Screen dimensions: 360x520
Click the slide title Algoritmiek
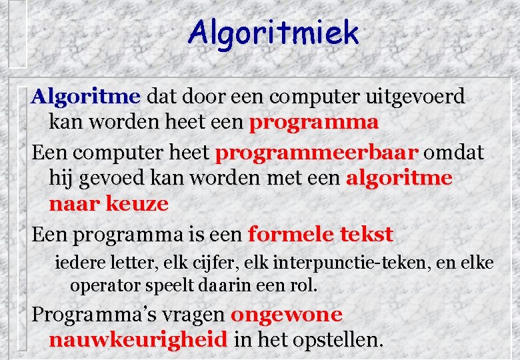click(x=273, y=33)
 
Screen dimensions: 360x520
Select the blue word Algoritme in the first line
click(x=86, y=97)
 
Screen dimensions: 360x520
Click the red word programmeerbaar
click(x=317, y=152)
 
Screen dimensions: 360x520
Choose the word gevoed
click(x=108, y=179)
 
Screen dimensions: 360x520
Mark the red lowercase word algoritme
click(x=399, y=179)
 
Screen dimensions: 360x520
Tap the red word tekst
click(x=367, y=235)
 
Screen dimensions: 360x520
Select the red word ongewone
click(x=286, y=315)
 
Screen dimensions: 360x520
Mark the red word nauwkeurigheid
click(x=138, y=340)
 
